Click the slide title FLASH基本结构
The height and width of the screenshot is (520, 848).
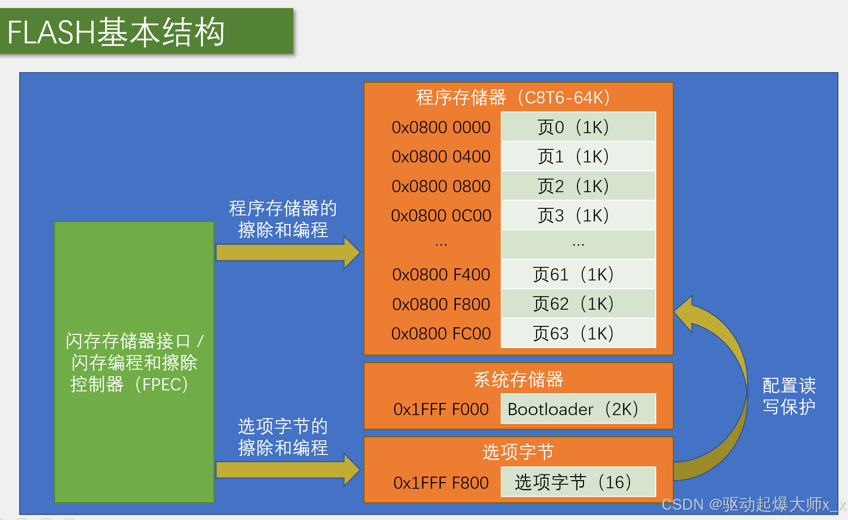116,32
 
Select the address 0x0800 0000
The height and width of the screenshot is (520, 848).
441,128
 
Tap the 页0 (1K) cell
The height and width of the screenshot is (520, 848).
578,127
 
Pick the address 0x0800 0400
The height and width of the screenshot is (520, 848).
441,157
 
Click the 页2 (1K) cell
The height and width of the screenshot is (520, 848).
578,186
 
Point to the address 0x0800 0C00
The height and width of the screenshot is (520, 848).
441,216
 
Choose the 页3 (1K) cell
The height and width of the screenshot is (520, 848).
578,215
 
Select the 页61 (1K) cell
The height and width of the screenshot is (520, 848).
578,274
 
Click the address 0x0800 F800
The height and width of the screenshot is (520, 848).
441,304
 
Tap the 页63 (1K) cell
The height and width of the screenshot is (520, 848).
578,333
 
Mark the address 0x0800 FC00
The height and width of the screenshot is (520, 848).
441,334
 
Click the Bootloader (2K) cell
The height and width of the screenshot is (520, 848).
578,409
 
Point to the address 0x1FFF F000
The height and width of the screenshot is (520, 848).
441,409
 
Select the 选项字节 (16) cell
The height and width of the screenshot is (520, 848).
578,482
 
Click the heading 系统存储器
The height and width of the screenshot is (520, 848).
518,379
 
